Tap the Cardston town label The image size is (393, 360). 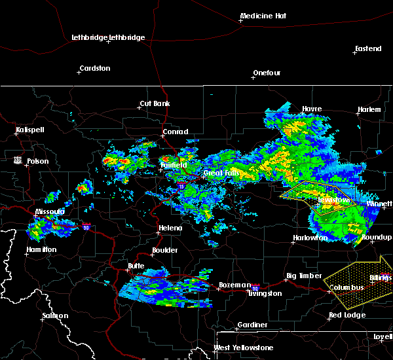coord(94,68)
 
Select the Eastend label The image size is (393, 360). coord(367,49)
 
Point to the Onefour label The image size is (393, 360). coord(267,73)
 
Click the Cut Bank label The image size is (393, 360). coord(155,104)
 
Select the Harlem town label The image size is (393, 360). coord(369,109)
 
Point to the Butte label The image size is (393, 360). coord(136,266)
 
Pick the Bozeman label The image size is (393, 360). coord(234,285)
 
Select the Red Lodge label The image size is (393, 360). coord(347,315)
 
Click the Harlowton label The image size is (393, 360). coord(310,238)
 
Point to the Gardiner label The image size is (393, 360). coord(252,325)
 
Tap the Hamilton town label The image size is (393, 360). coord(41,250)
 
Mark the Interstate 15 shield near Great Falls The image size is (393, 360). coord(181,187)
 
